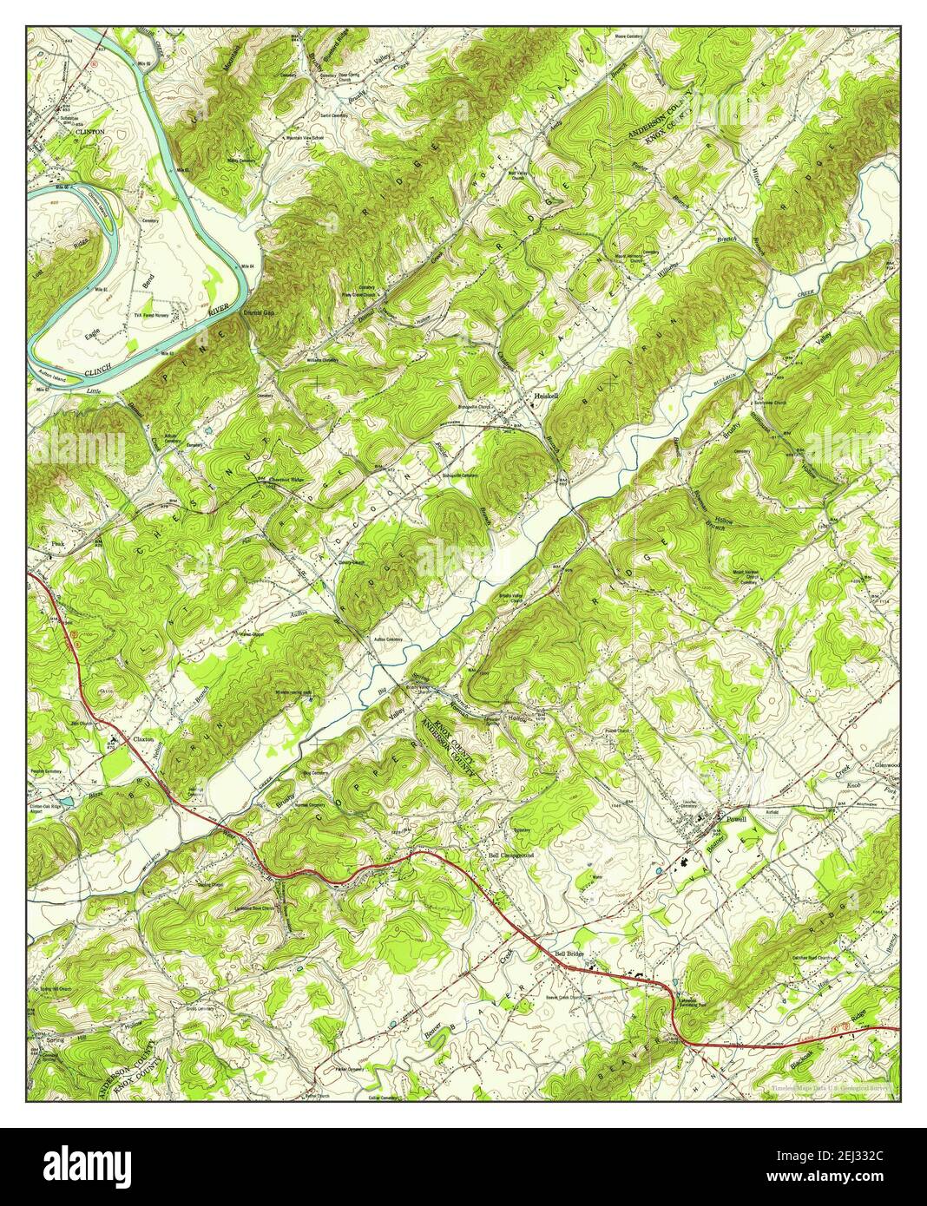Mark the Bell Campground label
[x=510, y=855]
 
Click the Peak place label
[x=57, y=543]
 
